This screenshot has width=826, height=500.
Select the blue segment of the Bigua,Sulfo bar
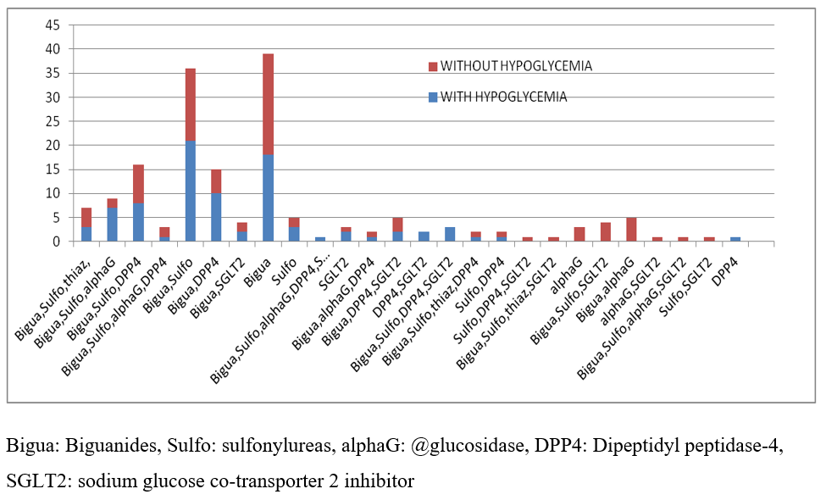tap(191, 191)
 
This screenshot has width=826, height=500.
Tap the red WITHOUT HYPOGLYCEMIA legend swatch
tap(433, 66)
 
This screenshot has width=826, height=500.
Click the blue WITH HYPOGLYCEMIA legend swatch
tap(433, 97)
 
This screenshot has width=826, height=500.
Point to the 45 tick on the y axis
tap(53, 25)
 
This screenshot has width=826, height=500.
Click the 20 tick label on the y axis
tap(53, 146)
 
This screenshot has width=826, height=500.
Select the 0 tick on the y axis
tap(56, 242)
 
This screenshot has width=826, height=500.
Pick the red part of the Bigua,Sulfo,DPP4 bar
tap(138, 184)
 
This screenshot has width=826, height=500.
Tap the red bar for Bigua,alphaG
tap(630, 230)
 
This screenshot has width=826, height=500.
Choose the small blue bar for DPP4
tap(735, 240)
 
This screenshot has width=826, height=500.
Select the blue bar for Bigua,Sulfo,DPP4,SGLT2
tap(450, 235)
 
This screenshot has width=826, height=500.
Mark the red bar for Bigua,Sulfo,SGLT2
tap(605, 232)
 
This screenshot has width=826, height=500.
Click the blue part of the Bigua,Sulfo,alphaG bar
tap(112, 225)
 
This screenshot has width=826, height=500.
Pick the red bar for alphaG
tap(579, 235)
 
